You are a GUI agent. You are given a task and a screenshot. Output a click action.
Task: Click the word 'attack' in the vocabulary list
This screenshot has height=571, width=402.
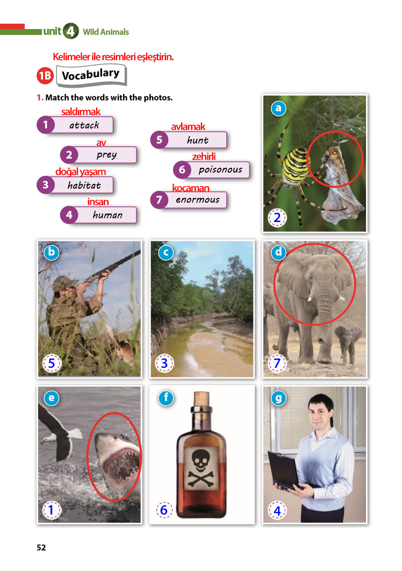tap(84, 125)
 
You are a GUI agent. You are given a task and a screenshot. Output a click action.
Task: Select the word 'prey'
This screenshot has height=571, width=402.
tap(107, 155)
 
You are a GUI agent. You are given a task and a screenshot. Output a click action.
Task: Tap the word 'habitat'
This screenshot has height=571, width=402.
tap(84, 185)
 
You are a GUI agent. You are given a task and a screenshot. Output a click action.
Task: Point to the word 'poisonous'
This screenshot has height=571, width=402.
tap(220, 170)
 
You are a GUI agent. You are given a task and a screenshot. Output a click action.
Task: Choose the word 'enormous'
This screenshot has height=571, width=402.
tap(198, 200)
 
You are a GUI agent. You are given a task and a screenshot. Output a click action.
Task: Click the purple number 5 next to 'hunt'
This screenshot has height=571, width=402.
tap(159, 140)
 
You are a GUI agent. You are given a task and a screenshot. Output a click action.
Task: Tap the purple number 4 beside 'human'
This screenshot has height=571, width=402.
tap(69, 215)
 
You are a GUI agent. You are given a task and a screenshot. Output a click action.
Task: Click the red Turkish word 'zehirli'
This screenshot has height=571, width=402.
tap(204, 156)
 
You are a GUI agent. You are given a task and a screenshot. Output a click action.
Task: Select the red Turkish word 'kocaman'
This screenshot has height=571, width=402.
tap(190, 188)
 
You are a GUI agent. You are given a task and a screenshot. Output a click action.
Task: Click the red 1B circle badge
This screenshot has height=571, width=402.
tap(45, 75)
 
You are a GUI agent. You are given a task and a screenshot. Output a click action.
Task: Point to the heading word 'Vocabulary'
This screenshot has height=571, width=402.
tap(91, 75)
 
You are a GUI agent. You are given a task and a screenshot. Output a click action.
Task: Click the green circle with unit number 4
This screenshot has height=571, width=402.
tap(70, 31)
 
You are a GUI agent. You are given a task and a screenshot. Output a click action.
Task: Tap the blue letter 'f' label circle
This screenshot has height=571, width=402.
tap(166, 398)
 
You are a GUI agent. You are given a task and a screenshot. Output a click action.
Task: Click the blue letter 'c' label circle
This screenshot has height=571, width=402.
tap(166, 252)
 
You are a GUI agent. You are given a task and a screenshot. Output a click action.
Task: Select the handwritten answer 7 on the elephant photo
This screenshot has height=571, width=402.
tap(277, 363)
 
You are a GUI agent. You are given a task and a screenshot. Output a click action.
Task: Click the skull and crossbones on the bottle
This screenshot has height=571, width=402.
tap(200, 468)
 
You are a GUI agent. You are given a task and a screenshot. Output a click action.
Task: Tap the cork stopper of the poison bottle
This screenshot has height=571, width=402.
tap(201, 399)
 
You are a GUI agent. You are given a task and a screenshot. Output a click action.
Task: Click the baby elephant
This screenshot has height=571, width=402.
tap(348, 344)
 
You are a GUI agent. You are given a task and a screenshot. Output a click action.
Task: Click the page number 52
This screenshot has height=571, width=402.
tap(41, 547)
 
